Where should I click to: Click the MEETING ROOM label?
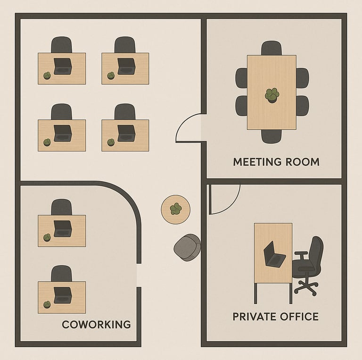point(276,162)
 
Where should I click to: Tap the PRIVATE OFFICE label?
point(275,316)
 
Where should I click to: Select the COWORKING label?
point(96,325)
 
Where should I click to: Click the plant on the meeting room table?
point(271,95)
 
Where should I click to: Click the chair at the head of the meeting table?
point(271,48)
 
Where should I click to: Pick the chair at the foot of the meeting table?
point(271,136)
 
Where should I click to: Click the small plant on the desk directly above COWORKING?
point(47,304)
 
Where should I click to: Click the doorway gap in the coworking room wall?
point(139,275)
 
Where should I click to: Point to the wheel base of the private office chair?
point(306,286)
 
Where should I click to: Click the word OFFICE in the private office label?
point(296,316)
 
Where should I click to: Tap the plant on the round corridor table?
point(176,208)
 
